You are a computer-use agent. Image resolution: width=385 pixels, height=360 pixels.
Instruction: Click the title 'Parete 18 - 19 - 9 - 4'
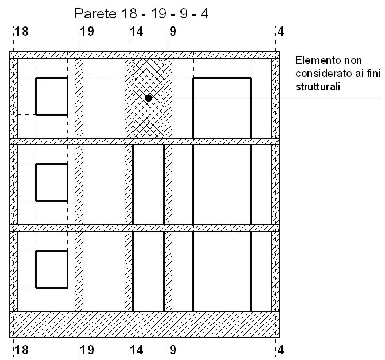141,13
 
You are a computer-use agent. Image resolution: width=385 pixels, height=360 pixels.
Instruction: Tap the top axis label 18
22,32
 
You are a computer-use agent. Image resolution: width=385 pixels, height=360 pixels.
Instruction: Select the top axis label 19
87,32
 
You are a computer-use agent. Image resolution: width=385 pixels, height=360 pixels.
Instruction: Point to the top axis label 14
137,32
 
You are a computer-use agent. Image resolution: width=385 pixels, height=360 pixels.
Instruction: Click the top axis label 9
173,32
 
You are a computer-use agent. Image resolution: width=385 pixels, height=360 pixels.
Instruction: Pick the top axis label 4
280,32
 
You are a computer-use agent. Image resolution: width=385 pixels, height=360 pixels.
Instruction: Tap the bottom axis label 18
22,350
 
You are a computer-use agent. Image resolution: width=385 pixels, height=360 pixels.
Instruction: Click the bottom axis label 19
87,350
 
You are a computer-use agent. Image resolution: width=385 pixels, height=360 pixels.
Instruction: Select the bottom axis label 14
137,350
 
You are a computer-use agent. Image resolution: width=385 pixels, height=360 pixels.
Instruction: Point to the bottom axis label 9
173,350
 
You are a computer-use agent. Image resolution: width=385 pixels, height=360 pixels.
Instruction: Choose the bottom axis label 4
280,350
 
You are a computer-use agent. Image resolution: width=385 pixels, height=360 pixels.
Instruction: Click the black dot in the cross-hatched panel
149,98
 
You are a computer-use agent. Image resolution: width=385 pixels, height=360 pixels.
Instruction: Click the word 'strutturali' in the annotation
318,87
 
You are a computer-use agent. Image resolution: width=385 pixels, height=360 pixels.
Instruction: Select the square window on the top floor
52,78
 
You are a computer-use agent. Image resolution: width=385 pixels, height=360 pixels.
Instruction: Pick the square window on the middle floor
52,164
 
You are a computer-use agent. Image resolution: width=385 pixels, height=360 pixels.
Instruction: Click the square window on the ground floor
52,251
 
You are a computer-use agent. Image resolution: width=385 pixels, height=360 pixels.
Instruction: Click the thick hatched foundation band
144,324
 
